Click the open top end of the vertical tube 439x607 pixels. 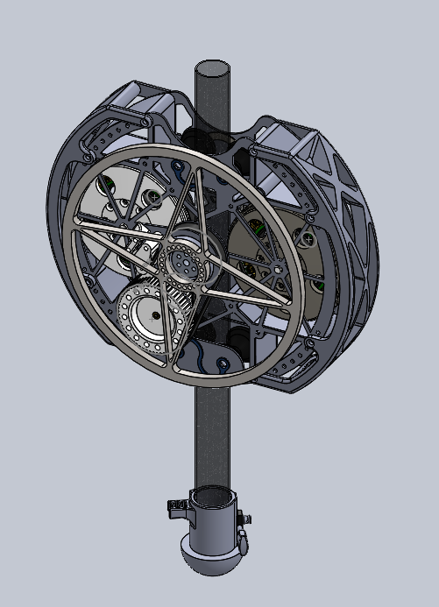click(212, 67)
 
